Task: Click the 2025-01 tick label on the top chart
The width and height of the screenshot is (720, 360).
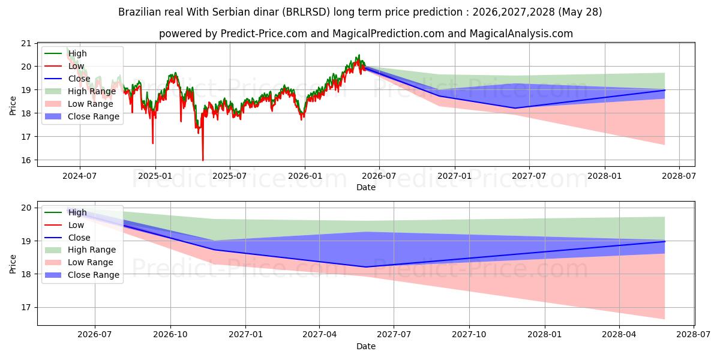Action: [x=155, y=176]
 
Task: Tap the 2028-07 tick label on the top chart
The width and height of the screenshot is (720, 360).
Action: [x=679, y=176]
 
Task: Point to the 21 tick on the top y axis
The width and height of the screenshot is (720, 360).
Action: [x=26, y=43]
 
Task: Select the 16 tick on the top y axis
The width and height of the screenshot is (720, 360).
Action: [x=26, y=160]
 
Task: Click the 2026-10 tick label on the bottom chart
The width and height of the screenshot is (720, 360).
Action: [x=170, y=335]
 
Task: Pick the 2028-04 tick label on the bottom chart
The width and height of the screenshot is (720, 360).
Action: [x=619, y=335]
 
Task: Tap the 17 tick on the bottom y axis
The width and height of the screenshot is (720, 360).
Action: [x=26, y=308]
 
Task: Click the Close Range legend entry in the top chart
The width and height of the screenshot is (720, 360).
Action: [x=82, y=116]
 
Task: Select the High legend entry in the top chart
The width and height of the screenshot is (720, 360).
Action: [x=65, y=53]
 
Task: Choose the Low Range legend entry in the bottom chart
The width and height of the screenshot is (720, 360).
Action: [x=79, y=262]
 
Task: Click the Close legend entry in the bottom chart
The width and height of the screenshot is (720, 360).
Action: [x=67, y=238]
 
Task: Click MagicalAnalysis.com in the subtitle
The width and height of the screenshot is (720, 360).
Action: [x=521, y=34]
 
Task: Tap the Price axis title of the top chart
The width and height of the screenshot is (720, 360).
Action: [x=13, y=106]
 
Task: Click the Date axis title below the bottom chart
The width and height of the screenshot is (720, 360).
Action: [x=366, y=346]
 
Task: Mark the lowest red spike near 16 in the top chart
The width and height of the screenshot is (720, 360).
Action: [x=203, y=160]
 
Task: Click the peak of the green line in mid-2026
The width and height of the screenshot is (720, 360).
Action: [x=359, y=55]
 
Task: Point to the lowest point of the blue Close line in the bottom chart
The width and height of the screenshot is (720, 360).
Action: [x=365, y=267]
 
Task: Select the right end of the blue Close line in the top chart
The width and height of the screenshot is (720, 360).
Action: [x=664, y=90]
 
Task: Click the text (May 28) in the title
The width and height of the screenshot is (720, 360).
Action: [x=580, y=12]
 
